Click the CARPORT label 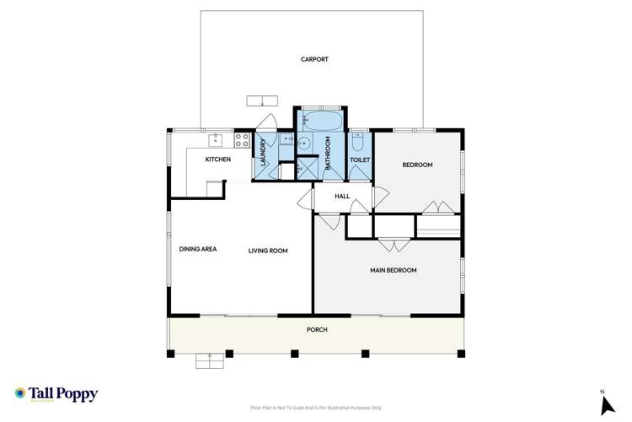pos(314,59)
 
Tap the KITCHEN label pos(218,159)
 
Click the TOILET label pos(360,159)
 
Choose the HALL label pos(342,196)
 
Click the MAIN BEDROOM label pos(394,270)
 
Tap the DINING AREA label pos(198,249)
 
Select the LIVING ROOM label pos(268,250)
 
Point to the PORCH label pos(317,329)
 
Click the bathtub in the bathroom pos(321,121)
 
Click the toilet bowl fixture pos(359,141)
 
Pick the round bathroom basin pos(303,141)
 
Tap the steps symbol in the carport pos(262,101)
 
